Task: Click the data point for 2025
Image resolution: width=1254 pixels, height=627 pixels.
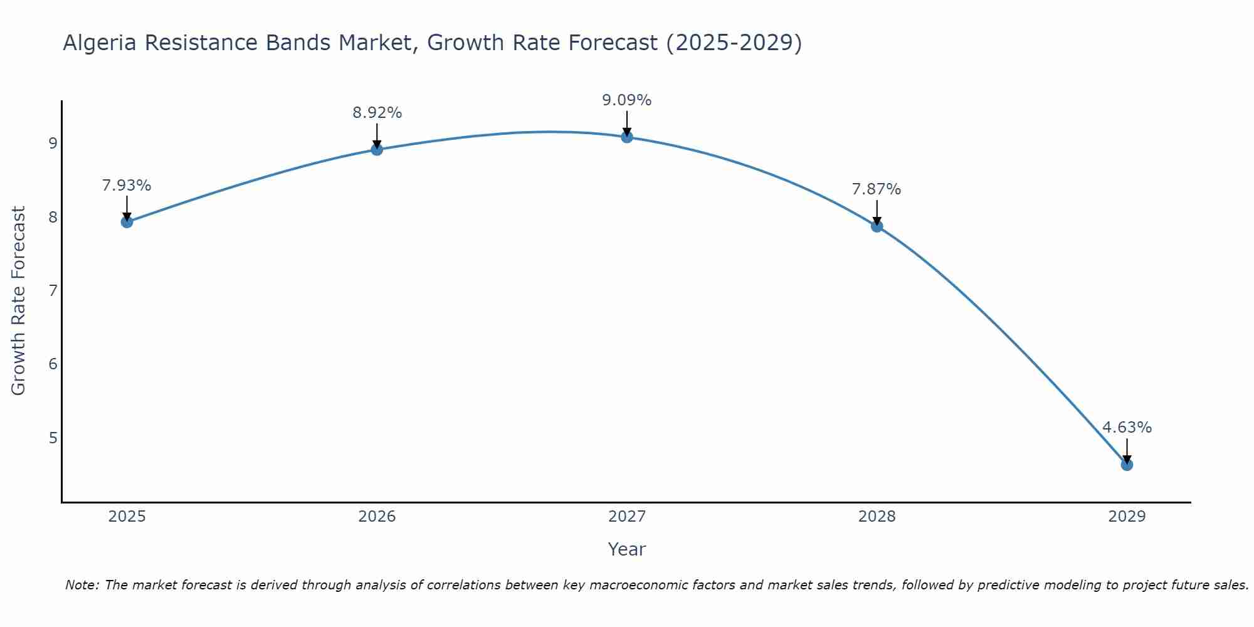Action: pyautogui.click(x=127, y=221)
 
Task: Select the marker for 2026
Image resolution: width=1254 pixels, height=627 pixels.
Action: pyautogui.click(x=377, y=149)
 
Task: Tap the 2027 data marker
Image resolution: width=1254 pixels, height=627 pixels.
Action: pyautogui.click(x=627, y=137)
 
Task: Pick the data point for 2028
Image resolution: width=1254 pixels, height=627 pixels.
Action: pyautogui.click(x=877, y=226)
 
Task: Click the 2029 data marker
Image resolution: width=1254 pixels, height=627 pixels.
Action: pyautogui.click(x=1127, y=465)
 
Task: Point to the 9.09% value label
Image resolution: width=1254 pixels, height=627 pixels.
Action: pyautogui.click(x=627, y=100)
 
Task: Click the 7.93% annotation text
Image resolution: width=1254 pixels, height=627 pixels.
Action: pyautogui.click(x=127, y=186)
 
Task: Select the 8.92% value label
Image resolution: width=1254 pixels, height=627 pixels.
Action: pyautogui.click(x=377, y=113)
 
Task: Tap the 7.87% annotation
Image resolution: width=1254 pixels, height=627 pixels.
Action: pyautogui.click(x=877, y=189)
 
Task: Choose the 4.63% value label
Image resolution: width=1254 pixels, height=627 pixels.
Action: pyautogui.click(x=1127, y=428)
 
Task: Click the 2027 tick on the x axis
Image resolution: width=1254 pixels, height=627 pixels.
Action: pyautogui.click(x=627, y=517)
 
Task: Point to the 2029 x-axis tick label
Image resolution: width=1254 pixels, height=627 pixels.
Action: pyautogui.click(x=1127, y=517)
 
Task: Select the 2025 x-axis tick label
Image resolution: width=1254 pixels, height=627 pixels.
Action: pyautogui.click(x=127, y=517)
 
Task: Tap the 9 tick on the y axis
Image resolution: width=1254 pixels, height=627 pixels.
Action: pyautogui.click(x=53, y=144)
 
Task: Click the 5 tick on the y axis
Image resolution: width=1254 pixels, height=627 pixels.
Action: pyautogui.click(x=53, y=438)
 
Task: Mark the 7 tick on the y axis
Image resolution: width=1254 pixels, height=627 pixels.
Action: pyautogui.click(x=53, y=290)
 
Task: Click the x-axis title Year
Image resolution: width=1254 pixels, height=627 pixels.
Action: pyautogui.click(x=627, y=549)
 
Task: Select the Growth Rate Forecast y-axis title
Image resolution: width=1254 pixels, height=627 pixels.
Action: pyautogui.click(x=19, y=301)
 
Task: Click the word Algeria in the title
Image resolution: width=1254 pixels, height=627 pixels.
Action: pyautogui.click(x=100, y=43)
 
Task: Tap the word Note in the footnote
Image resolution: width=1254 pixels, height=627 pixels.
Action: pyautogui.click(x=81, y=585)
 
